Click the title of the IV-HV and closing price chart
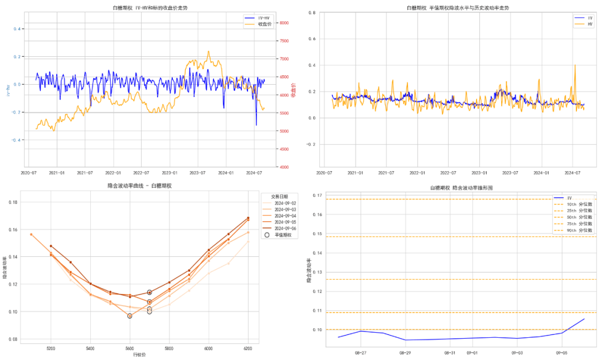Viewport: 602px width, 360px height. point(148,7)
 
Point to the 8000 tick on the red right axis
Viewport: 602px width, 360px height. point(284,23)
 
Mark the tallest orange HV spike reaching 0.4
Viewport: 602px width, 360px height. point(575,65)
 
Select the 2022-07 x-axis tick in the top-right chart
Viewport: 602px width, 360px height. point(448,173)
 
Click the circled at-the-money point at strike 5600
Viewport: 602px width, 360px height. point(130,316)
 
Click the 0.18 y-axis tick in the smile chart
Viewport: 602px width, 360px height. point(13,202)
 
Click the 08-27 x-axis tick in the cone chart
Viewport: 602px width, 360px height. point(361,353)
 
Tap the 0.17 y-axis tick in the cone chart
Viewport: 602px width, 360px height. point(317,195)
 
